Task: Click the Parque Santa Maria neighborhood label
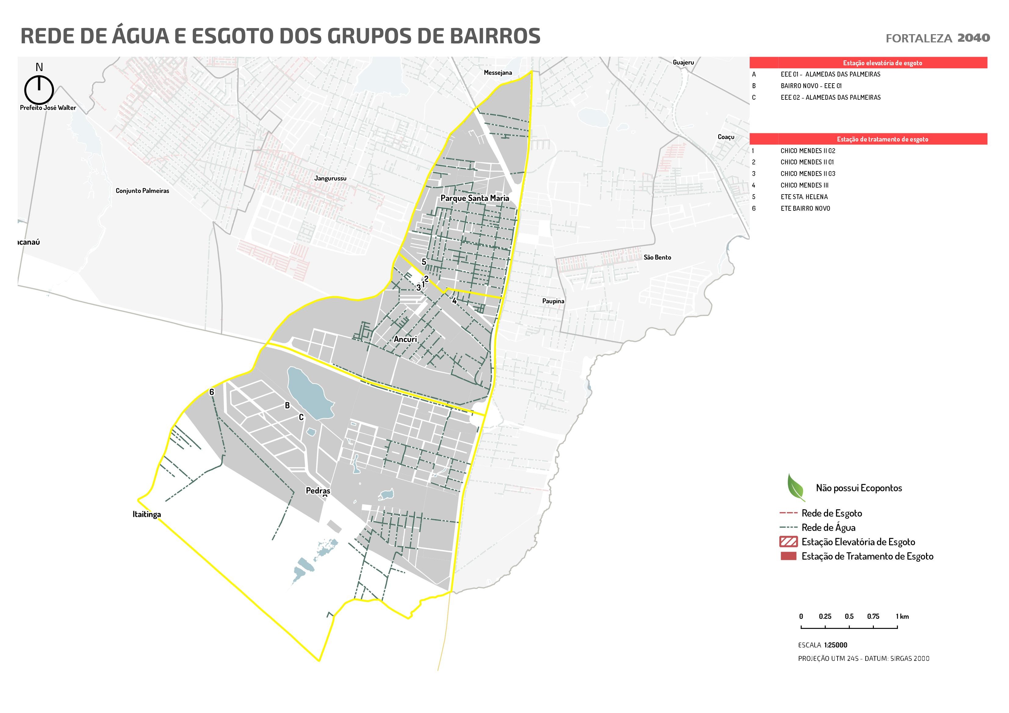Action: pos(475,198)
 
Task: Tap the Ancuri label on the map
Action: pos(405,339)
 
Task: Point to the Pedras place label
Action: pos(318,491)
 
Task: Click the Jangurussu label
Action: pos(330,178)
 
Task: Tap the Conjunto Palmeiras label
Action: pos(142,191)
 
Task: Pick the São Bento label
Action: pos(657,257)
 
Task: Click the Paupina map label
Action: pos(553,301)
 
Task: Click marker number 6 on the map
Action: pos(211,392)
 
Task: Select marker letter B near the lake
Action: pos(287,406)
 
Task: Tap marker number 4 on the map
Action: pos(454,301)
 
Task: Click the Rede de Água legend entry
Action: pos(828,527)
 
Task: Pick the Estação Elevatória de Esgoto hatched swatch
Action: pos(788,542)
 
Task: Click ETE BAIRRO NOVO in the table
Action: pos(805,208)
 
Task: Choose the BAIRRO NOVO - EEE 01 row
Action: pos(811,86)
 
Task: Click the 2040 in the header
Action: pos(973,38)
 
